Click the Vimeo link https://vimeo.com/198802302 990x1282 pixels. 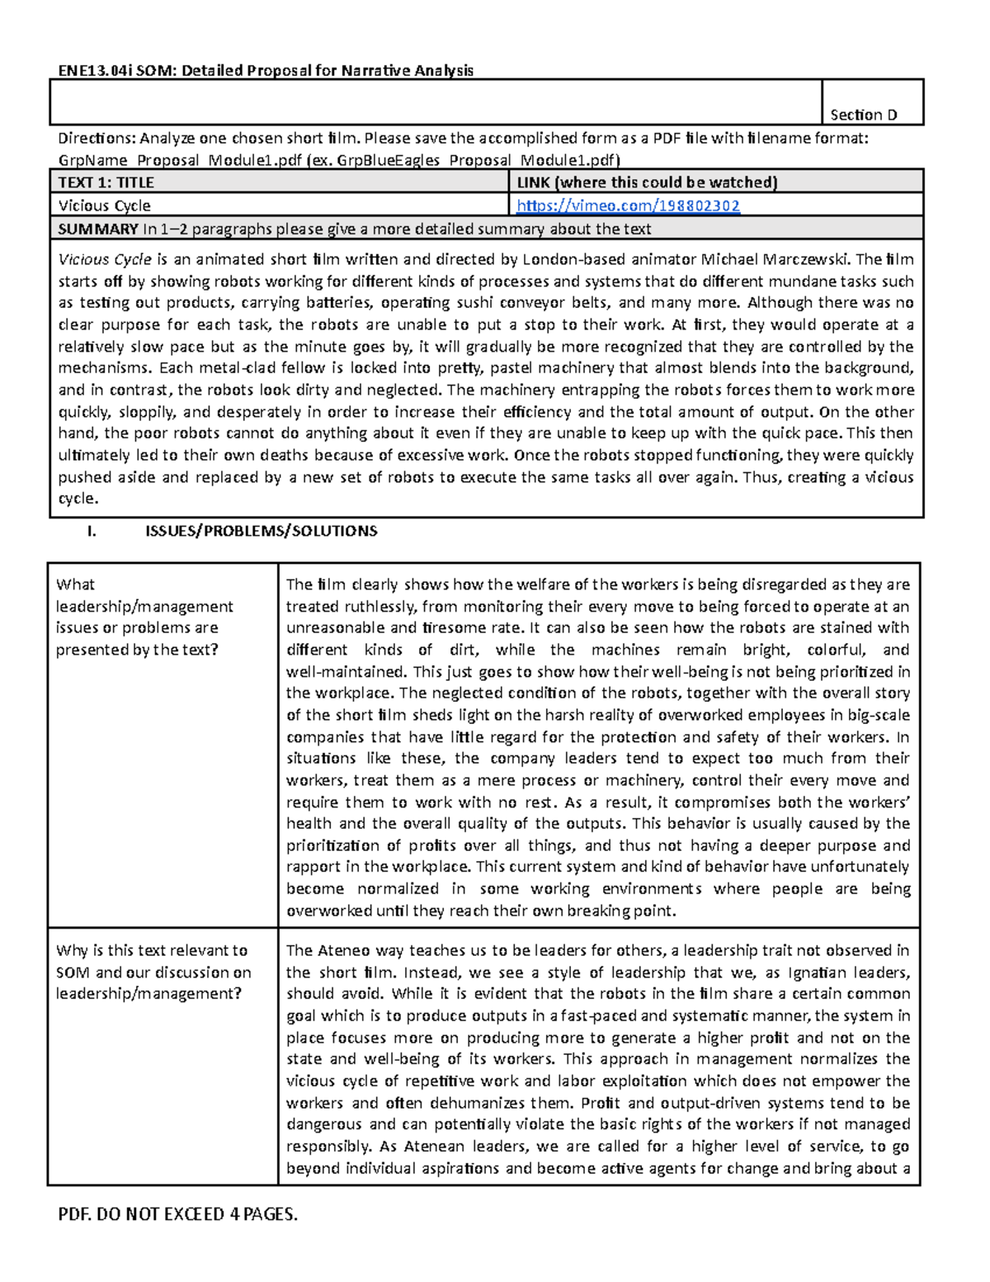(627, 206)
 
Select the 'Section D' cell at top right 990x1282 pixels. (863, 115)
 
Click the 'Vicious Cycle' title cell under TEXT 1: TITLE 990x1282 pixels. (104, 206)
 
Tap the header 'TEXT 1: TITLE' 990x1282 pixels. (106, 182)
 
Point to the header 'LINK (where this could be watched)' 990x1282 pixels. (647, 182)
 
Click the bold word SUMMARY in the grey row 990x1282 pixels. (97, 229)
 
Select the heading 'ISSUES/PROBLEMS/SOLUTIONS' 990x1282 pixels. (261, 531)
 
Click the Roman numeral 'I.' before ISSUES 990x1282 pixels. (92, 531)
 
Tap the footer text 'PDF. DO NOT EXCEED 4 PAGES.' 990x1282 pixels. (177, 1213)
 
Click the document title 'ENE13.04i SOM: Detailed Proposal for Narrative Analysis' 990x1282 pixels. (266, 70)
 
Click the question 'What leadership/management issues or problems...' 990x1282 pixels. (144, 617)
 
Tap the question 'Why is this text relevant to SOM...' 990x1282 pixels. (153, 972)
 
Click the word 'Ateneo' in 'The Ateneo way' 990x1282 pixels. (343, 950)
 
